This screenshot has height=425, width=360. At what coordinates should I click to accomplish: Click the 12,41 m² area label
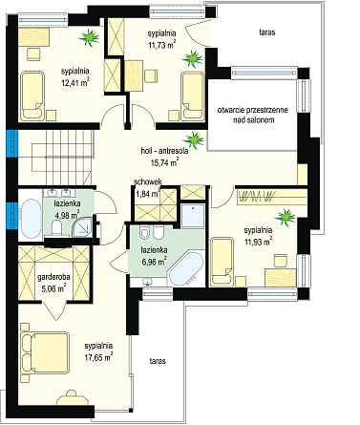[x=74, y=83]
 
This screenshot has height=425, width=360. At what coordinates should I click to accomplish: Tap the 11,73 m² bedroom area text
[x=162, y=45]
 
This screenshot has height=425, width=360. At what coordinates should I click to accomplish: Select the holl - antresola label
[x=164, y=151]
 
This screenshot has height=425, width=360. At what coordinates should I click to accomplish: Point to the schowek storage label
[x=148, y=181]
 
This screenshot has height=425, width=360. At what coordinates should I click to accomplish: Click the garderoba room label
[x=53, y=277]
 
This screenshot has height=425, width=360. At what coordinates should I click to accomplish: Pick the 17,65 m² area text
[x=98, y=357]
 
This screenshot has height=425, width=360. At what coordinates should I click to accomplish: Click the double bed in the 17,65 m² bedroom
[x=45, y=352]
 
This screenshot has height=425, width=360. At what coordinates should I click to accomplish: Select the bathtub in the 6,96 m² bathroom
[x=185, y=269]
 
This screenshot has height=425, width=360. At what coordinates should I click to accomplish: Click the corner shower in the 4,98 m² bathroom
[x=82, y=227]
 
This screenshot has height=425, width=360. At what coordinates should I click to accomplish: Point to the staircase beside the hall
[x=63, y=157]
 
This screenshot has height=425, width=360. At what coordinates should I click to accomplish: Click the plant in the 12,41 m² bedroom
[x=90, y=37]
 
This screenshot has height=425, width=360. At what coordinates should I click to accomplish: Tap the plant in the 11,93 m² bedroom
[x=285, y=218]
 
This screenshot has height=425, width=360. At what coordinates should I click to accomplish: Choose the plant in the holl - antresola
[x=193, y=140]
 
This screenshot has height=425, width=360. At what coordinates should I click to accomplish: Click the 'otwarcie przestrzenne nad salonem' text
[x=253, y=115]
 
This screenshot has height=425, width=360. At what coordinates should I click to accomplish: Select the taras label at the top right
[x=267, y=32]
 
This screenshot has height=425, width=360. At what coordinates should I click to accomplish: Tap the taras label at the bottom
[x=158, y=361]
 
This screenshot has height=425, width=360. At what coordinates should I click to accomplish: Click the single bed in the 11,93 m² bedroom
[x=222, y=261]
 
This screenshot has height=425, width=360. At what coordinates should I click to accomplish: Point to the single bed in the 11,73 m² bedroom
[x=192, y=96]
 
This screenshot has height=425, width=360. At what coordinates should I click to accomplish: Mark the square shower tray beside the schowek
[x=193, y=216]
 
